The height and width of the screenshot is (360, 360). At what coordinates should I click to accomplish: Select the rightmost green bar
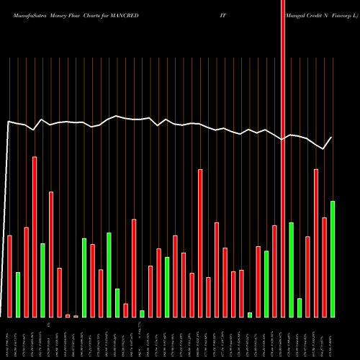tap(332, 259)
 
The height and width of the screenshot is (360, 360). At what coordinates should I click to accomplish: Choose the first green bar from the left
tap(18, 294)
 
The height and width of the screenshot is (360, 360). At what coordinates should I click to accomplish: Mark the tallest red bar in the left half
tap(35, 237)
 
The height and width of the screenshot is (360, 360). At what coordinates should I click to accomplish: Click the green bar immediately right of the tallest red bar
tap(291, 269)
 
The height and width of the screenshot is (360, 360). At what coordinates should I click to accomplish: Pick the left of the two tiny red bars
tap(68, 315)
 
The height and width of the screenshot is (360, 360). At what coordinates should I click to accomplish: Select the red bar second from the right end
tap(324, 267)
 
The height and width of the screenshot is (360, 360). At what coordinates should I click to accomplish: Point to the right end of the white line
tap(332, 138)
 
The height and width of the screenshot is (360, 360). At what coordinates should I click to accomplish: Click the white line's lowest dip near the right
tap(323, 149)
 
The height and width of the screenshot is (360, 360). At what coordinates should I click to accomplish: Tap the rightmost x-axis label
tap(332, 338)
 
